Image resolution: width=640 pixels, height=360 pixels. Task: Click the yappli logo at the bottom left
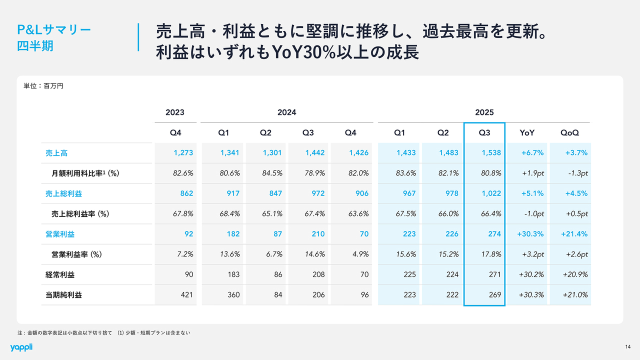(21, 347)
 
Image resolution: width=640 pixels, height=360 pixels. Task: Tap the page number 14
(627, 347)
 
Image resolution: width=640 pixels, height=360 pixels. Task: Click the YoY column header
(527, 133)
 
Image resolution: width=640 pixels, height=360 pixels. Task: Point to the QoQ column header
(569, 133)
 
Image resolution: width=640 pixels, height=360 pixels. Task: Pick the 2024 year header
(286, 112)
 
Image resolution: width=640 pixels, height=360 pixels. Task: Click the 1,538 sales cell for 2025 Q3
(491, 153)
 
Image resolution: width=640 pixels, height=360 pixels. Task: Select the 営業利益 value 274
(494, 234)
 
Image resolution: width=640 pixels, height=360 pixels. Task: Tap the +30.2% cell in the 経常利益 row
(531, 274)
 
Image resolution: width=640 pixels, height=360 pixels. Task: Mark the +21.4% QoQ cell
(574, 234)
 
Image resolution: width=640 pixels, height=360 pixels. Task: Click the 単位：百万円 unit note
(43, 86)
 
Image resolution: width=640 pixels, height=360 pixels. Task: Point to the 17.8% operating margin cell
(491, 254)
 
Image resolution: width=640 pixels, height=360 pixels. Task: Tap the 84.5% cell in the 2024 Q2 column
(271, 173)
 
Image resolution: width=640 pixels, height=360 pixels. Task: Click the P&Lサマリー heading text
(54, 29)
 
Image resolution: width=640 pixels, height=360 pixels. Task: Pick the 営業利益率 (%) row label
(76, 254)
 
